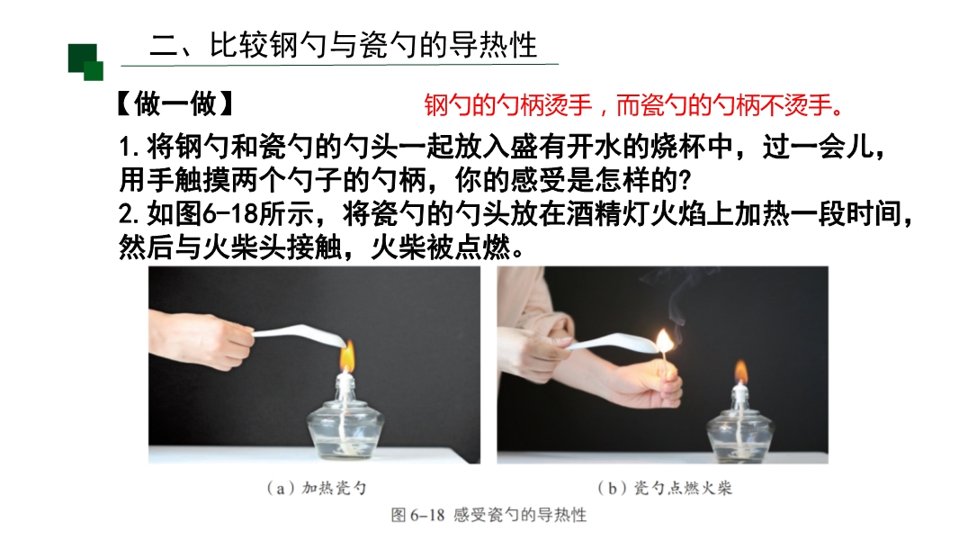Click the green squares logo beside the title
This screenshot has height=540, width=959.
[85, 62]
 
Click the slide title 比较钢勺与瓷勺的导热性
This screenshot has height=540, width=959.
[373, 45]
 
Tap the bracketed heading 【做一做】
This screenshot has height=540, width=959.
[175, 103]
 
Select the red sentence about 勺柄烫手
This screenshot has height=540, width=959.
[633, 105]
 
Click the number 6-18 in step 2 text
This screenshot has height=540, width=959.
[230, 213]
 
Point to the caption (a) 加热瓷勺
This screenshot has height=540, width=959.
[316, 488]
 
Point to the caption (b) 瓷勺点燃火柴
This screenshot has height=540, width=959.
[665, 488]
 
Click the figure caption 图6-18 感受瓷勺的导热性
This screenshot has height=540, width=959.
[488, 515]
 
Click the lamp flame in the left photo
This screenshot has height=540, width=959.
[346, 355]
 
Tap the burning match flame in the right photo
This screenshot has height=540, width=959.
[664, 341]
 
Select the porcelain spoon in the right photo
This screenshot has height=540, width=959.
[612, 343]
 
